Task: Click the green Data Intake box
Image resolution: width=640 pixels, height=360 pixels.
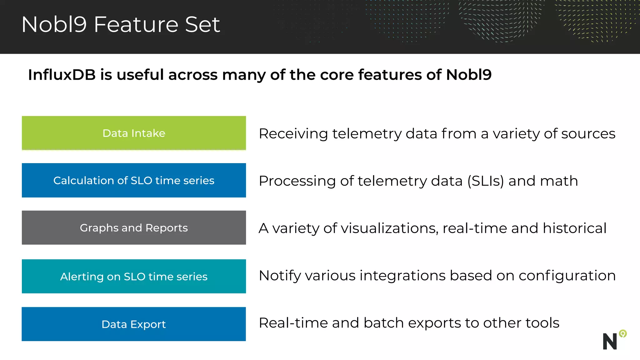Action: (x=134, y=133)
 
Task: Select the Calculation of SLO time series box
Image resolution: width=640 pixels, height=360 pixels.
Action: (x=134, y=180)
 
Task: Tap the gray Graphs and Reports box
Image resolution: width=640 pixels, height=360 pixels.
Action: (x=134, y=228)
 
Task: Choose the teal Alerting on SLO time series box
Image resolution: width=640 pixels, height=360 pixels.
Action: (x=134, y=276)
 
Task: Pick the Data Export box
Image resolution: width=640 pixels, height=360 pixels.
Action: (x=134, y=324)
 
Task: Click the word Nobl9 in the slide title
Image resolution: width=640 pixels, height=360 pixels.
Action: (x=54, y=24)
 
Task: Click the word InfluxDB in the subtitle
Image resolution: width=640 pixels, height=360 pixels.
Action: (x=62, y=75)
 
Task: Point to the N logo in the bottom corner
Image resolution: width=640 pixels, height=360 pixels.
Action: (x=610, y=341)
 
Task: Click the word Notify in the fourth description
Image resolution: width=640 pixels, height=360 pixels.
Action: (x=280, y=276)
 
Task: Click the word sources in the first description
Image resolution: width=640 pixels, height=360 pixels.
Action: (x=588, y=134)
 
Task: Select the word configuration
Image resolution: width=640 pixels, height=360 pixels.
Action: (x=567, y=276)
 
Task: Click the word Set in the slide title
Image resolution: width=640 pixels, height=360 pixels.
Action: (x=202, y=24)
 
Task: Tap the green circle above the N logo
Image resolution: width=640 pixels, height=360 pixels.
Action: (x=623, y=334)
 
